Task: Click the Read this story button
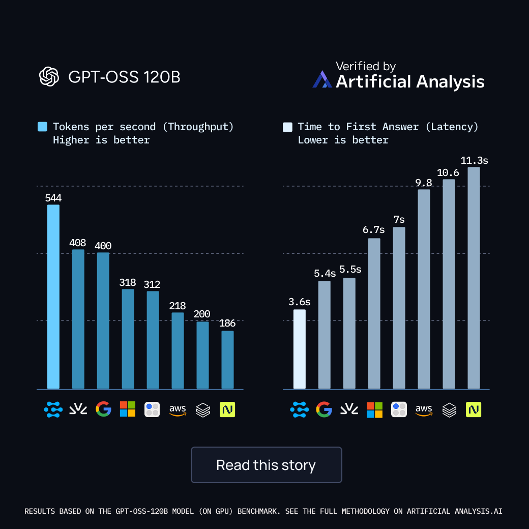[266, 465]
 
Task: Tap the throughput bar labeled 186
[227, 360]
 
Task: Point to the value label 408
[78, 243]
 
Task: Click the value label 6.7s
[374, 230]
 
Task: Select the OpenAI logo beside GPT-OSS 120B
[49, 77]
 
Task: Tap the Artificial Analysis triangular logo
[322, 79]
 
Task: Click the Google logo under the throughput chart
[103, 409]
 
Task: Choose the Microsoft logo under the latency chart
[374, 409]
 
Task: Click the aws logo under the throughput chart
[178, 409]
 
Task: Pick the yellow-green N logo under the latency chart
[474, 409]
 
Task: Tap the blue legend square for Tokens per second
[43, 127]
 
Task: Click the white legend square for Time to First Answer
[288, 127]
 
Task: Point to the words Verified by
[366, 66]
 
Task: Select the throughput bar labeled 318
[128, 339]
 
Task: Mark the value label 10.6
[448, 173]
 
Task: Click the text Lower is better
[343, 140]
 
